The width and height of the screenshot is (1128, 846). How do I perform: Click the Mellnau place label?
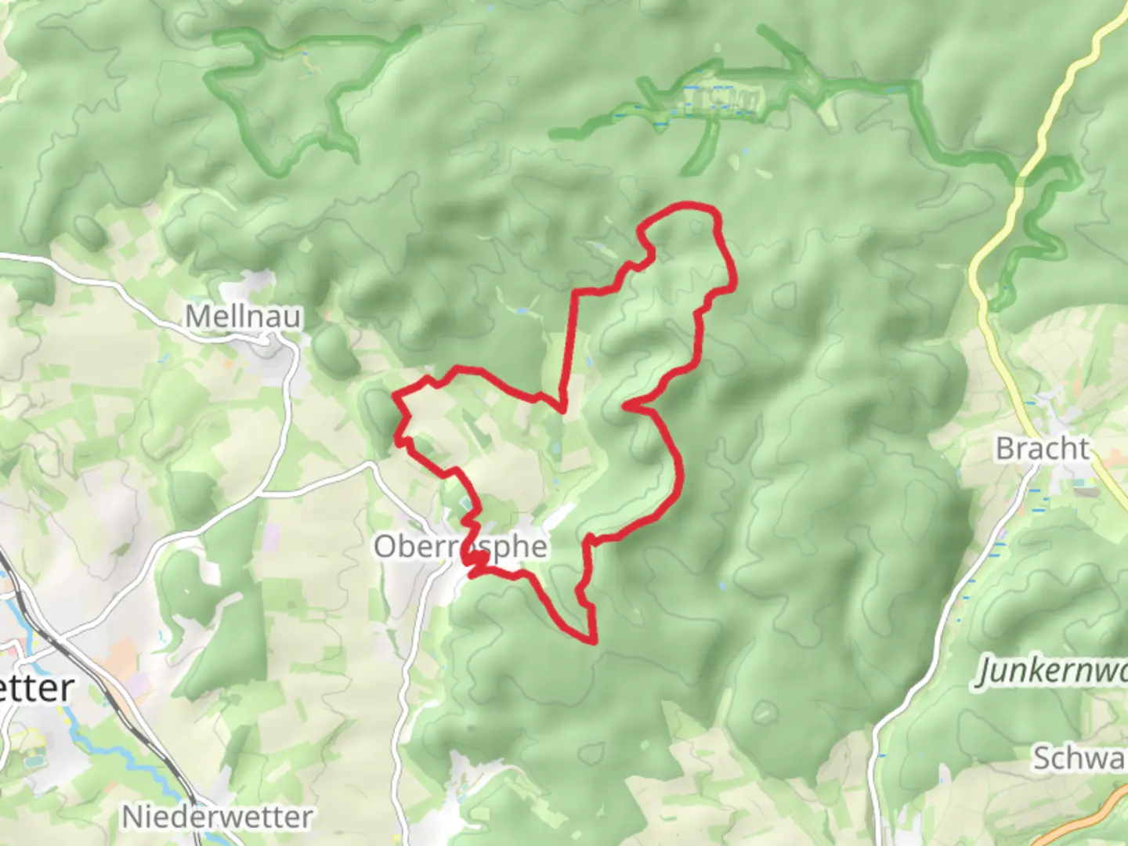(243, 316)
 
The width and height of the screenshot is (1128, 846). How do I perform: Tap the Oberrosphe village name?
(460, 546)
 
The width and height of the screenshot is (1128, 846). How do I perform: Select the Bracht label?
(1042, 449)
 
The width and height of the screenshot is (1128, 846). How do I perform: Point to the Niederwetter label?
(217, 817)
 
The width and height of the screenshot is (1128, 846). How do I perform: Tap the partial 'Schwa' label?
(1079, 757)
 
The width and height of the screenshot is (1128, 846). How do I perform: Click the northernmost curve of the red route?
(689, 206)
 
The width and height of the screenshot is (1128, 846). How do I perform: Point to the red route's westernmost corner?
(394, 394)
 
